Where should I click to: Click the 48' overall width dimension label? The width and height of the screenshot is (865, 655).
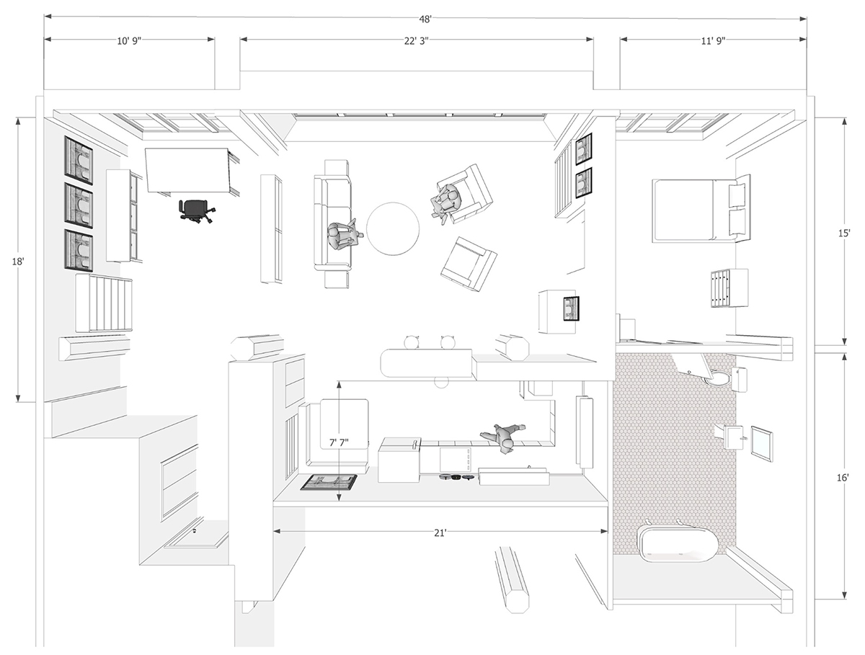point(425,19)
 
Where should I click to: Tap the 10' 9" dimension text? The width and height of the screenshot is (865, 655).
point(129,41)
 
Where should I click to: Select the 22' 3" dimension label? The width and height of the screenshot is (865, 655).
point(416,41)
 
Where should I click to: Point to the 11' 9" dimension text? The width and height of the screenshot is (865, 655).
point(714,41)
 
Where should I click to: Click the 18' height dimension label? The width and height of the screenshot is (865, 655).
point(18,261)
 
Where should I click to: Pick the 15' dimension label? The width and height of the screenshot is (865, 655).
point(843,233)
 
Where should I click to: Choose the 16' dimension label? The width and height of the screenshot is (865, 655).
point(843,478)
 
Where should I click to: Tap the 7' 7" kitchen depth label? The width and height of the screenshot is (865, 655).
point(339,442)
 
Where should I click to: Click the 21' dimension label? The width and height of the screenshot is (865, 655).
point(440,533)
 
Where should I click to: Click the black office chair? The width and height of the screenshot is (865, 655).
point(196,211)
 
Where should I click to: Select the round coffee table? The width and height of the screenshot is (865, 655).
point(393,229)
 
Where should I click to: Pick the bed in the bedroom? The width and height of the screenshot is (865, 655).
point(701,210)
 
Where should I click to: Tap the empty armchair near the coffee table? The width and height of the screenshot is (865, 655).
point(468,264)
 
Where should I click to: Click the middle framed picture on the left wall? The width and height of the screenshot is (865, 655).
point(79,205)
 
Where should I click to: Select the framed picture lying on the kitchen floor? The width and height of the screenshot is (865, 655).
point(329,483)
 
